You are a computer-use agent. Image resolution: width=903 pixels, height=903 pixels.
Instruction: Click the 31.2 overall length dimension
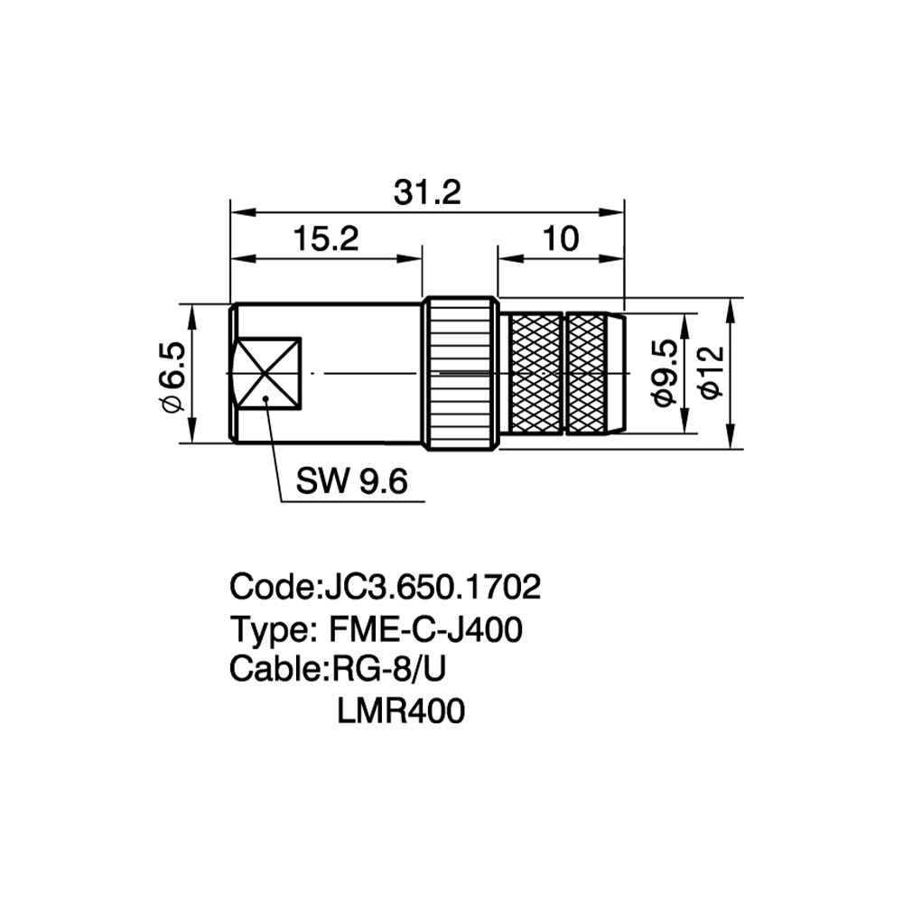point(427,193)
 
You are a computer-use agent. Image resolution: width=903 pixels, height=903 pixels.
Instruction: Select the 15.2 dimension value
point(326,238)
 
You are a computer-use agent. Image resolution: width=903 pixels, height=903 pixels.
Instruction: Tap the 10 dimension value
point(561,238)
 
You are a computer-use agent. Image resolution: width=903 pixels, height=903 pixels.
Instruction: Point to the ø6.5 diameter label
point(173,377)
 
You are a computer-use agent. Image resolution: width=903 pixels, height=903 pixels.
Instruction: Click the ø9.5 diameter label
point(666,373)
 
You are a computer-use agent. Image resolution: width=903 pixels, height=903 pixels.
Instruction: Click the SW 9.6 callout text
point(352,481)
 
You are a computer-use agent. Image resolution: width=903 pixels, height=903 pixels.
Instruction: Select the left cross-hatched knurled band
point(536,373)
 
